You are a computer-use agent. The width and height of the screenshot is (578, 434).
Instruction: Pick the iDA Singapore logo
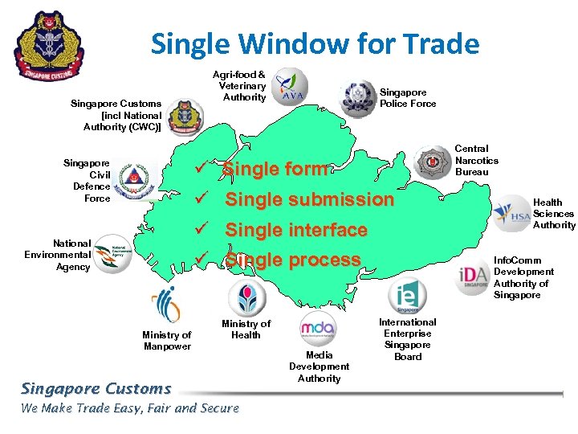tap(473, 276)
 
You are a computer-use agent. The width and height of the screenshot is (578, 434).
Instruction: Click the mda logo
tap(318, 330)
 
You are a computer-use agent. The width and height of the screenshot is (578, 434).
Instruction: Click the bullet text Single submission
tap(309, 199)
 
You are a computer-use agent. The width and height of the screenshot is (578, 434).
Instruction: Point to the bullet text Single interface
tap(295, 230)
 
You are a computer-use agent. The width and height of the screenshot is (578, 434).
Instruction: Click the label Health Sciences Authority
tap(554, 214)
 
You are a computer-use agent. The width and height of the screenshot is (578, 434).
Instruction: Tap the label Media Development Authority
tap(319, 366)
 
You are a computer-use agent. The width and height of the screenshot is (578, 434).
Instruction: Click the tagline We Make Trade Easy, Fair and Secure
tap(130, 408)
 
